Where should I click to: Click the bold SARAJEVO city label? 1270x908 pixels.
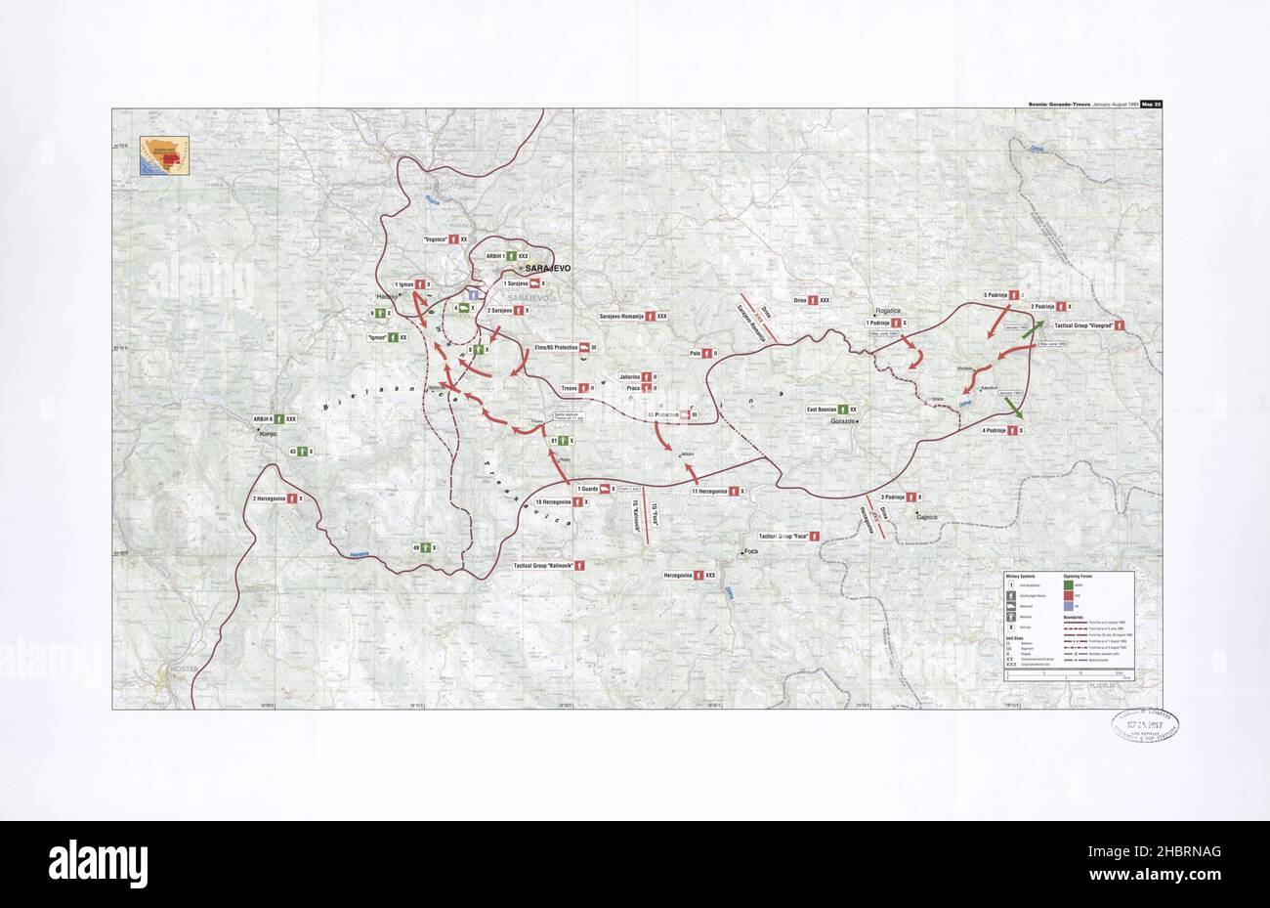[548, 267]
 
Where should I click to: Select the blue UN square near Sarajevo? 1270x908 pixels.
[473, 293]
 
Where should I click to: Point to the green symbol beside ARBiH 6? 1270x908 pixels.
[278, 418]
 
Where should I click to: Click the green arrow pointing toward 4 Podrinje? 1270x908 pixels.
[1016, 411]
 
